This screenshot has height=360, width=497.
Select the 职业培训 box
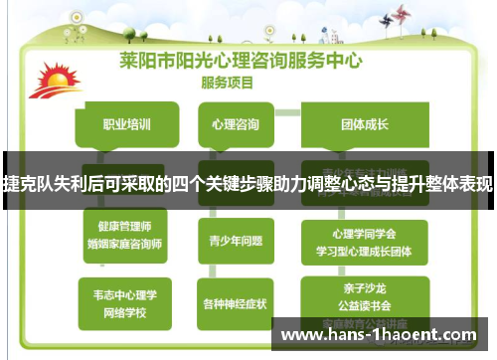127,125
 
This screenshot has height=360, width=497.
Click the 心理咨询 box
236,125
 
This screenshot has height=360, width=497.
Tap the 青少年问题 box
235,240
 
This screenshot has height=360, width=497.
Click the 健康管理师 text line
123,227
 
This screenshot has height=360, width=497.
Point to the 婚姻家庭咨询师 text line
123,243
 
